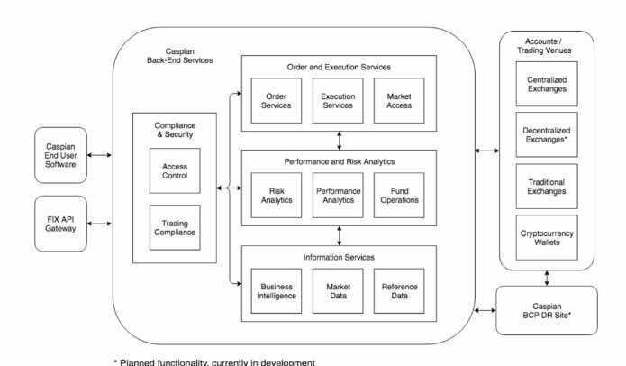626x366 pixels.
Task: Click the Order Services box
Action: click(277, 100)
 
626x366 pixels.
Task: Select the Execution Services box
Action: click(338, 100)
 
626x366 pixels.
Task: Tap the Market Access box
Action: click(398, 100)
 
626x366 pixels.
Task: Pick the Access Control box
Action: click(176, 170)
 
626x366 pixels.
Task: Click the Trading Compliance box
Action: click(176, 227)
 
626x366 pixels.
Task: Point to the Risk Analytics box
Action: click(277, 194)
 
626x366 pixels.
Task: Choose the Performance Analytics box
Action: click(338, 194)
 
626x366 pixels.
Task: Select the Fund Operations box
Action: click(398, 194)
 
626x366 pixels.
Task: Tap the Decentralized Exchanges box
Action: click(547, 135)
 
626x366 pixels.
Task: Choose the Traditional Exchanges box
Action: click(547, 187)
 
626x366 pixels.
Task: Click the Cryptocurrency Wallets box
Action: click(547, 238)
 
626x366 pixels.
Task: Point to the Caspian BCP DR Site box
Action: click(547, 309)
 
